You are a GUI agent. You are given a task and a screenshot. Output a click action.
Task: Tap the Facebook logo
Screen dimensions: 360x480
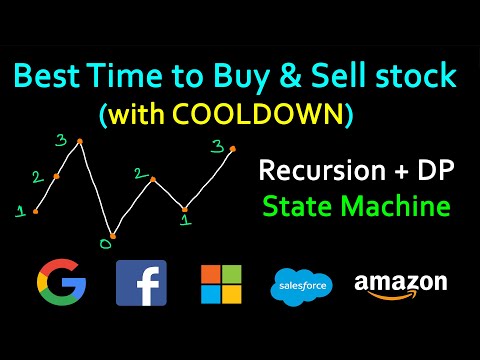point(141,282)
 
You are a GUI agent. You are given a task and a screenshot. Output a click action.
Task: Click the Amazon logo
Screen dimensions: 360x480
point(400,284)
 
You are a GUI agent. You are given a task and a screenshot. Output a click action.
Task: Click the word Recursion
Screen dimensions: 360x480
point(313,170)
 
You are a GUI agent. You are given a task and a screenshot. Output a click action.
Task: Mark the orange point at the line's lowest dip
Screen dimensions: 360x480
point(112,236)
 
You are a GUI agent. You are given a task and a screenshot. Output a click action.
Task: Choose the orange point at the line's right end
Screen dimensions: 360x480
point(233,148)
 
